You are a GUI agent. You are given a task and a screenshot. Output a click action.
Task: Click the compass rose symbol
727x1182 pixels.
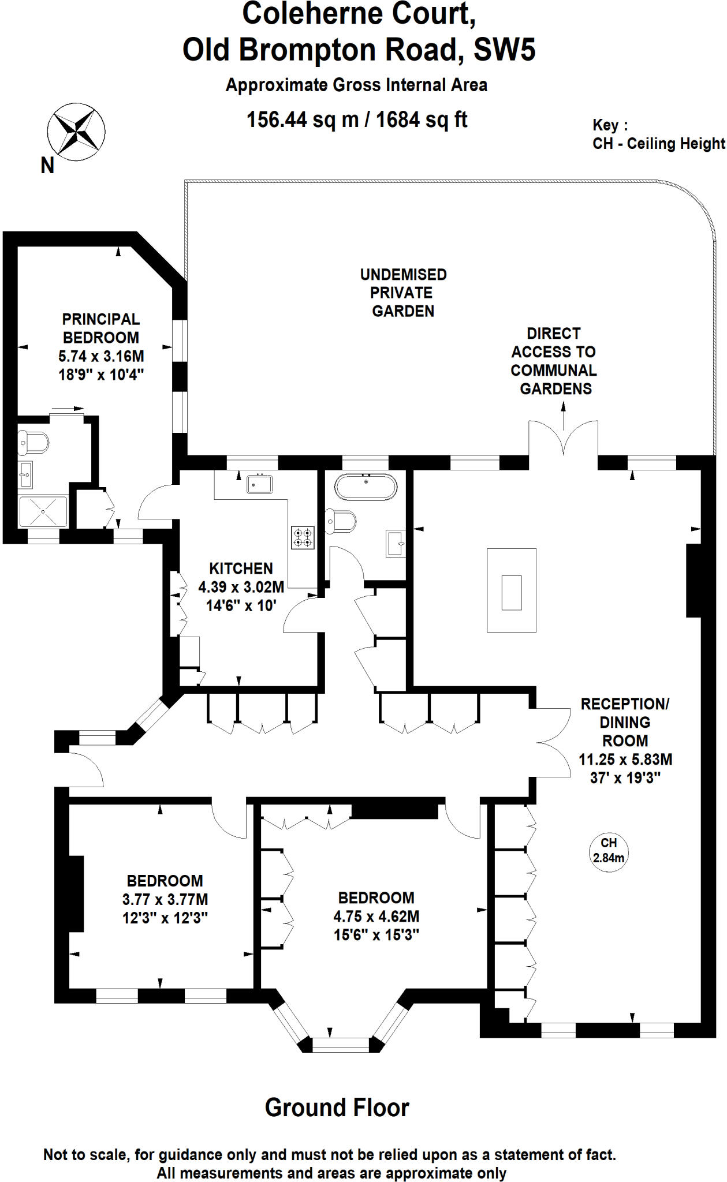[x=76, y=132]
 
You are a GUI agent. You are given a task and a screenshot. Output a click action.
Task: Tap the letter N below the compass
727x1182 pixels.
[x=47, y=166]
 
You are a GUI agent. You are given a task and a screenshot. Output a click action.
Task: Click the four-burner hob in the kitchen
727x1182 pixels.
[x=303, y=537]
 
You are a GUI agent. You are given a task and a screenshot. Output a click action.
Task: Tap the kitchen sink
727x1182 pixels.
[x=260, y=484]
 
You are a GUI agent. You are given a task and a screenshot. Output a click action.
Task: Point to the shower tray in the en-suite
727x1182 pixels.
[x=43, y=511]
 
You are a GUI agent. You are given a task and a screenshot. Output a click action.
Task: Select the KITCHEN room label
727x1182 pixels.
[x=241, y=568]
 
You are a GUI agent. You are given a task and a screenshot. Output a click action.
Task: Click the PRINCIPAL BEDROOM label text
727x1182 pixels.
[x=101, y=328]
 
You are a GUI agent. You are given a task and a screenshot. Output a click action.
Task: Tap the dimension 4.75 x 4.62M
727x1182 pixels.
[x=376, y=916]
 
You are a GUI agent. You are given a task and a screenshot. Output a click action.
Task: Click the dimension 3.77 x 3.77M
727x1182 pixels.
[x=165, y=899]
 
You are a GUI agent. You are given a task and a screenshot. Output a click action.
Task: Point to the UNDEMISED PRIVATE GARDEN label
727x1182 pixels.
[x=403, y=293]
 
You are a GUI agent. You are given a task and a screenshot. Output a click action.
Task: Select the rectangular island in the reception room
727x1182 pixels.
[x=512, y=590]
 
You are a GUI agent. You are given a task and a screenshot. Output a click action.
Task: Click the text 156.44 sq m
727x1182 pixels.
[x=303, y=120]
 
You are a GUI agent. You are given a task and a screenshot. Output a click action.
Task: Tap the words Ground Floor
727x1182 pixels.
[x=337, y=1108]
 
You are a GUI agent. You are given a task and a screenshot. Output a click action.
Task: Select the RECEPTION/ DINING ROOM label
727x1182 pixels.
[x=625, y=722]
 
